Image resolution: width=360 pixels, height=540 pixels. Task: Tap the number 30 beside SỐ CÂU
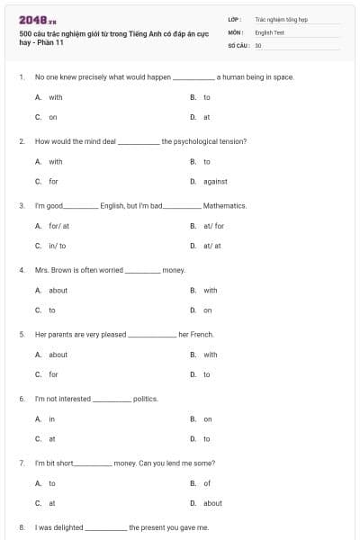pyautogui.click(x=258, y=44)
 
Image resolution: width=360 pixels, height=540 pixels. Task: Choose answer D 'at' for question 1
pyautogui.click(x=206, y=117)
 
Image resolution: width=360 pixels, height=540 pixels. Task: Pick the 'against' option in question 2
pyautogui.click(x=215, y=181)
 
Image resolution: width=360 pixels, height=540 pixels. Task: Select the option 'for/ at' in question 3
pyautogui.click(x=58, y=226)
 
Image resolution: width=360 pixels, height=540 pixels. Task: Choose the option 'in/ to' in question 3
pyautogui.click(x=57, y=246)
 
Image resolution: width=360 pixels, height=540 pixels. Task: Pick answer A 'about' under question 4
pyautogui.click(x=58, y=291)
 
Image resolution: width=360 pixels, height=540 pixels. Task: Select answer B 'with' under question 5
pyautogui.click(x=210, y=355)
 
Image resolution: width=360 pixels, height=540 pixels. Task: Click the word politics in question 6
pyautogui.click(x=145, y=399)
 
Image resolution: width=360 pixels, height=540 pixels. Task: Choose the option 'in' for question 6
pyautogui.click(x=51, y=419)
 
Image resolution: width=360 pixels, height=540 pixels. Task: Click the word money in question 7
pyautogui.click(x=125, y=463)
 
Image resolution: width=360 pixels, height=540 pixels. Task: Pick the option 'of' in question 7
pyautogui.click(x=206, y=483)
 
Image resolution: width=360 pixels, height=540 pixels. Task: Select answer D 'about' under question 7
pyautogui.click(x=212, y=503)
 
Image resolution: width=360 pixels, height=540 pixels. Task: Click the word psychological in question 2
pyautogui.click(x=193, y=141)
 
